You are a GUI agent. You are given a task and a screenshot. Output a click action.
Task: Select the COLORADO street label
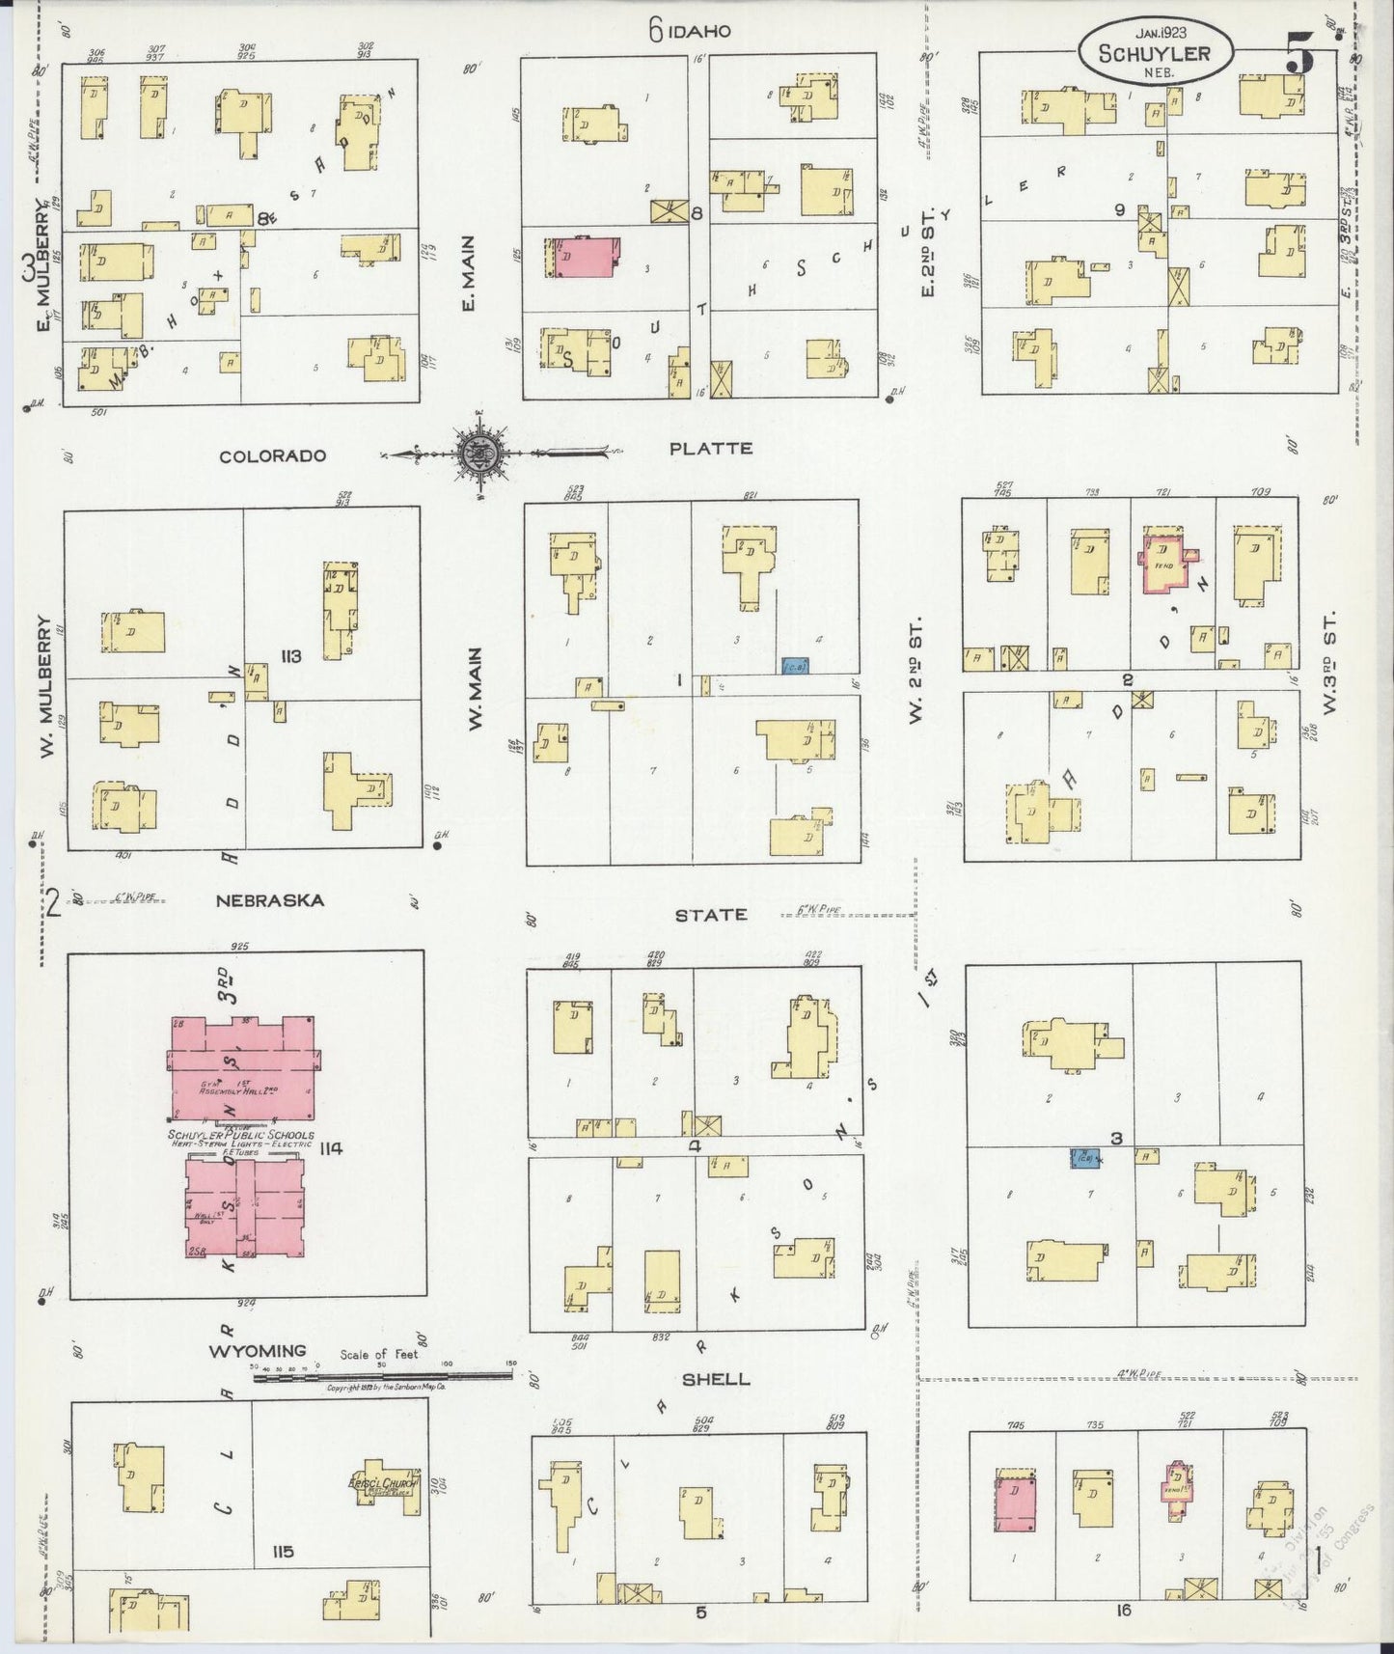pyautogui.click(x=272, y=456)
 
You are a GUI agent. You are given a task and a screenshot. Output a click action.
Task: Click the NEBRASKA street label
pyautogui.click(x=269, y=900)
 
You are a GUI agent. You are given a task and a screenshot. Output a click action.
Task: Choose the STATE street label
pyautogui.click(x=711, y=914)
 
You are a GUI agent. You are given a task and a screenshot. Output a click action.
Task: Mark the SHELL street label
pyautogui.click(x=715, y=1379)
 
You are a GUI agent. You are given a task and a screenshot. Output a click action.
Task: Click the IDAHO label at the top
pyautogui.click(x=702, y=32)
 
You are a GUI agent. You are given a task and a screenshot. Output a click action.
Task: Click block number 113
pyautogui.click(x=290, y=656)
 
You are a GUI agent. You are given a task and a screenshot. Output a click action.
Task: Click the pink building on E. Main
pyautogui.click(x=582, y=259)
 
